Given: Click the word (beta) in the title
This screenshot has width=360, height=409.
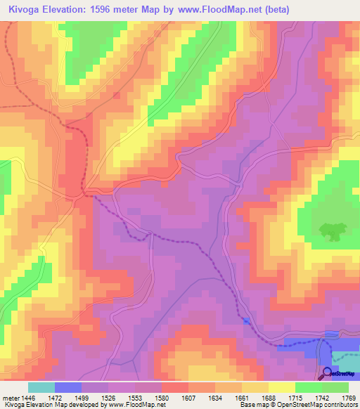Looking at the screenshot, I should click(275, 9).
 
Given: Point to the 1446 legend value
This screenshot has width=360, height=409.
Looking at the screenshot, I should click(29, 398).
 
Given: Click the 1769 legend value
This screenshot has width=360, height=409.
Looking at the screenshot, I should click(347, 398).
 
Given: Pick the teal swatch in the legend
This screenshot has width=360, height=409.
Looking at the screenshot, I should click(41, 387).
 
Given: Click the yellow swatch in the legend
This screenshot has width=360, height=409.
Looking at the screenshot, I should click(282, 387).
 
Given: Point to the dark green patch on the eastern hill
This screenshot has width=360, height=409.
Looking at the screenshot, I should click(328, 229).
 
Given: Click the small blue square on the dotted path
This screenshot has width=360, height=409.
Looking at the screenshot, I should click(245, 321).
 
